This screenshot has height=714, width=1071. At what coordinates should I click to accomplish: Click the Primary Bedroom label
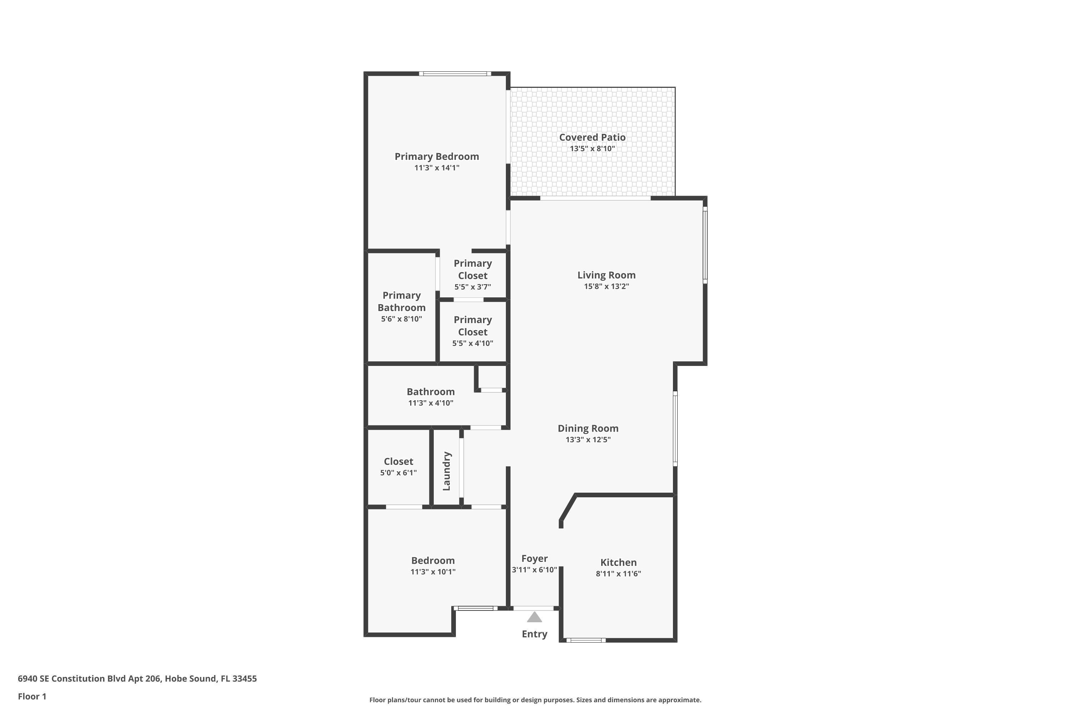tap(436, 157)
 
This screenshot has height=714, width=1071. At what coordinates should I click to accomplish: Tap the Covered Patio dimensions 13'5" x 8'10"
tap(592, 149)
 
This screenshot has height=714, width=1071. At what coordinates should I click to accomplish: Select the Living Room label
tap(606, 275)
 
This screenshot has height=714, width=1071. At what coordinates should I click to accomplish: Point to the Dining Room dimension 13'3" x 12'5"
tap(588, 440)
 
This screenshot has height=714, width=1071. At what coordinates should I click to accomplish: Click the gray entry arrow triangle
tap(534, 618)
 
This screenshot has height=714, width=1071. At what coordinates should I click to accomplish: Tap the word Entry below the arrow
tap(534, 634)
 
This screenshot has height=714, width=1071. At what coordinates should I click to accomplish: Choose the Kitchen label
tap(618, 562)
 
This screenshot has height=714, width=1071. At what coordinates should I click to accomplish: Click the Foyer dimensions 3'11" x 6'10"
tap(534, 570)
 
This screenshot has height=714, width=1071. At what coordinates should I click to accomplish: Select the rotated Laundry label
tap(447, 471)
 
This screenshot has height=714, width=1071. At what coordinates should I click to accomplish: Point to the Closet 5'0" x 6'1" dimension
tap(398, 473)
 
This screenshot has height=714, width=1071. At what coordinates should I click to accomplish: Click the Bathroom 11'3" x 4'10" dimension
tap(430, 403)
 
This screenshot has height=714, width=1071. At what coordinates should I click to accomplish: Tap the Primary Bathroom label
tap(401, 301)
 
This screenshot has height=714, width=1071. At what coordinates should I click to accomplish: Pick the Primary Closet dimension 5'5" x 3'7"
tap(472, 287)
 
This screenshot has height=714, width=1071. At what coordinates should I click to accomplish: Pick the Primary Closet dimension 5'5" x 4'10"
tap(472, 343)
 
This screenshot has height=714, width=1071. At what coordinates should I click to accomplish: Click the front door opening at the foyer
tap(533, 608)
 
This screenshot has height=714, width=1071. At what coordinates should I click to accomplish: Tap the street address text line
tap(137, 679)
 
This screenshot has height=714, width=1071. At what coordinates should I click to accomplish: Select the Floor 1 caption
tap(32, 696)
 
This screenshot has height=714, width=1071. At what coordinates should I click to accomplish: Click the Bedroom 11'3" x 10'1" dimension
tap(433, 572)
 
